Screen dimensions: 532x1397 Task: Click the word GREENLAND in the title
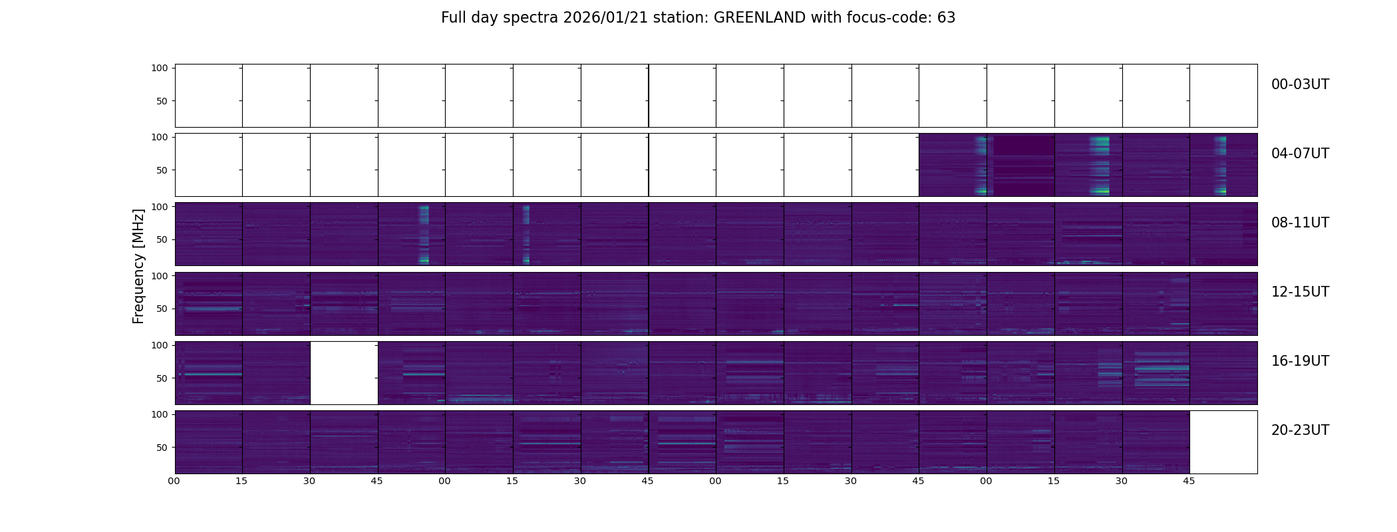pyautogui.click(x=760, y=18)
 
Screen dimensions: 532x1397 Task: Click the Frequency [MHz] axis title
pyautogui.click(x=138, y=266)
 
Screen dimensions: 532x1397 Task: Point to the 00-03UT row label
pyautogui.click(x=1300, y=84)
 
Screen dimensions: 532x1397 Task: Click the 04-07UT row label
pyautogui.click(x=1300, y=154)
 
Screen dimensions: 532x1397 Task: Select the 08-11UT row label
pyautogui.click(x=1300, y=223)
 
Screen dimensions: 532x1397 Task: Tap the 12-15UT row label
pyautogui.click(x=1300, y=292)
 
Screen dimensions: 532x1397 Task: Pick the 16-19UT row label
pyautogui.click(x=1300, y=361)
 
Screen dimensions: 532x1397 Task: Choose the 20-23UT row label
pyautogui.click(x=1300, y=430)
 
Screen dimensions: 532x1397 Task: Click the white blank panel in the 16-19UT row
pyautogui.click(x=344, y=373)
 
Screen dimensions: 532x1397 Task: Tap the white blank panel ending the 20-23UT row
pyautogui.click(x=1223, y=442)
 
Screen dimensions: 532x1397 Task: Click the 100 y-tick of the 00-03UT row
pyautogui.click(x=159, y=68)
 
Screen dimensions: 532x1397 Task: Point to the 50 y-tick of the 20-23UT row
pyautogui.click(x=162, y=448)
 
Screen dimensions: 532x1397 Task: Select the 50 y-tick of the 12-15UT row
pyautogui.click(x=162, y=309)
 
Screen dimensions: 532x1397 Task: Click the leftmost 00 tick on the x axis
pyautogui.click(x=174, y=481)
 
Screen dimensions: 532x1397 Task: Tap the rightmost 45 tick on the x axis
pyautogui.click(x=1189, y=481)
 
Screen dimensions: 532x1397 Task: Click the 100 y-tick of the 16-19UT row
pyautogui.click(x=159, y=346)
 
